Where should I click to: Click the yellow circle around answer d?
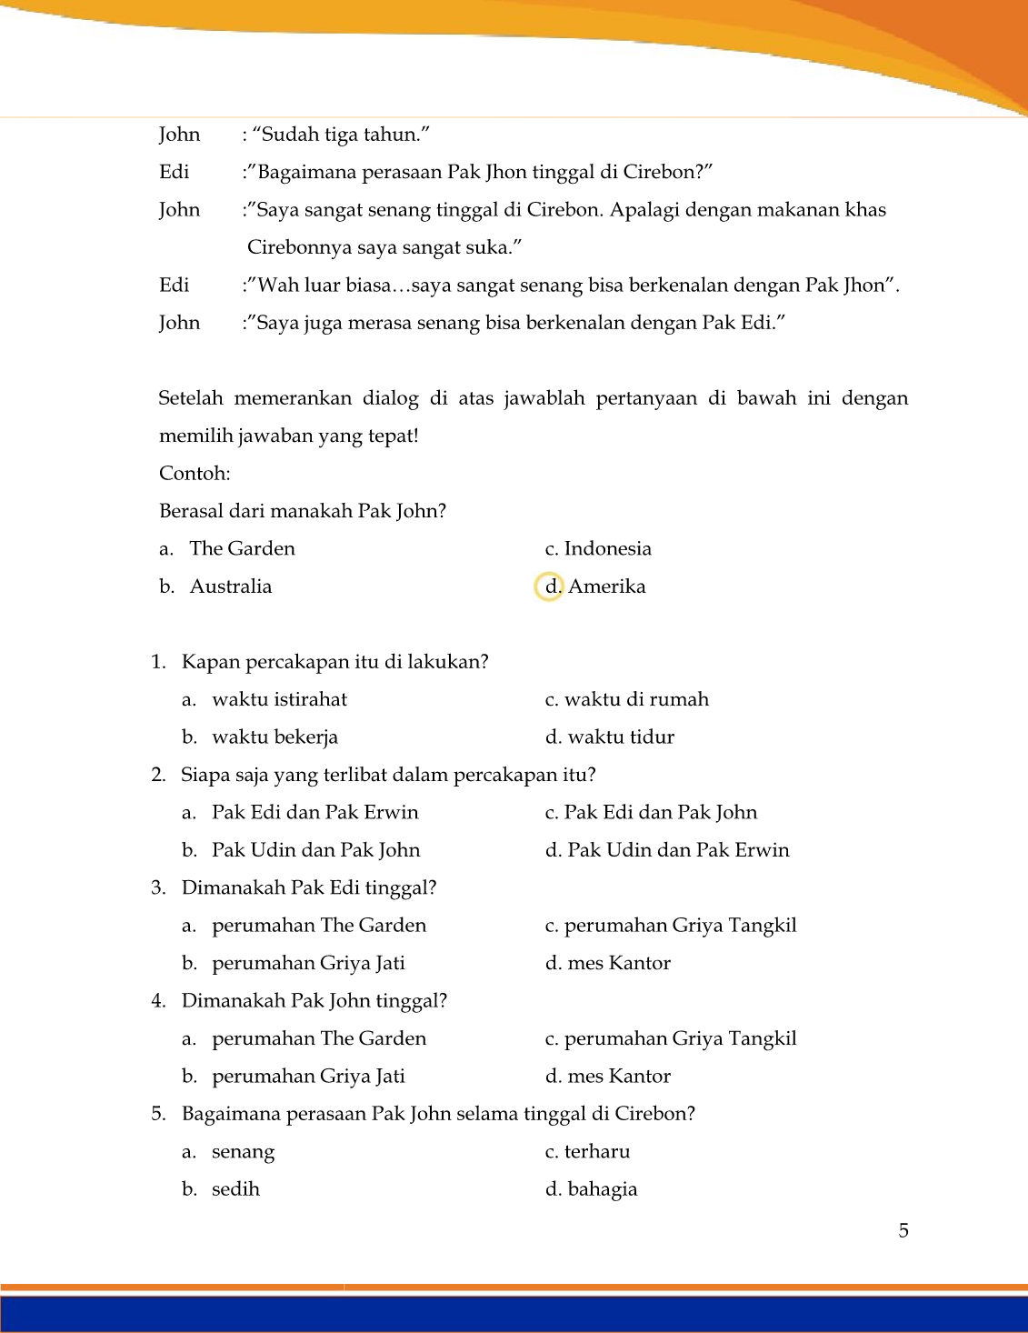pos(549,586)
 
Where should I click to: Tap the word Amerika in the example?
pos(606,586)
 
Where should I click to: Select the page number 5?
pos(903,1230)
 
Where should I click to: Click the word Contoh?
pos(195,474)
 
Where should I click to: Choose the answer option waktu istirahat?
pos(279,699)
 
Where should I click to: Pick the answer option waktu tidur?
pos(620,737)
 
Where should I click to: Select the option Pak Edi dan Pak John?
pos(660,813)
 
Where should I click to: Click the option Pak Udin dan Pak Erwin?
pos(677,850)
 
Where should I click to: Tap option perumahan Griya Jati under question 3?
pos(308,963)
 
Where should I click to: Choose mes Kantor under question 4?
pos(618,1077)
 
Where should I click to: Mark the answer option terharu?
pos(596,1152)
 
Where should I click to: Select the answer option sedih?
pos(235,1189)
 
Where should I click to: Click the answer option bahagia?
pos(602,1189)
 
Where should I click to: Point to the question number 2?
pos(158,775)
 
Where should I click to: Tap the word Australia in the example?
pos(230,586)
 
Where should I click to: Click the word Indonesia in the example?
pos(607,549)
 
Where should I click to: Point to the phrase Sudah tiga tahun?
pos(340,135)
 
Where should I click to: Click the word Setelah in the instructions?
pos(190,398)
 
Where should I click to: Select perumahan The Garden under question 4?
pos(318,1038)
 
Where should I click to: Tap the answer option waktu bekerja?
pos(274,737)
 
